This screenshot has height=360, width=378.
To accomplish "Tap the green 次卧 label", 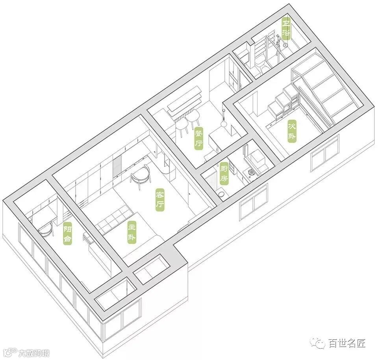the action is (292, 131).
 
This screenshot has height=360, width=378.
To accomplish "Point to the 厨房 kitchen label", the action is (224, 174).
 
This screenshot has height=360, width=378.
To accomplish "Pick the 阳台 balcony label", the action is (68, 234).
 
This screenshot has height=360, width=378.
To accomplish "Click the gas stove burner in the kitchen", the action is (251, 173).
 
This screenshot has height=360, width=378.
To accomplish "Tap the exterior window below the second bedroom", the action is (324, 153).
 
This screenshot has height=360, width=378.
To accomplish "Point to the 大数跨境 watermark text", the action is (35, 352).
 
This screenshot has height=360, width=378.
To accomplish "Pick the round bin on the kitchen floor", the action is (222, 194).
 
